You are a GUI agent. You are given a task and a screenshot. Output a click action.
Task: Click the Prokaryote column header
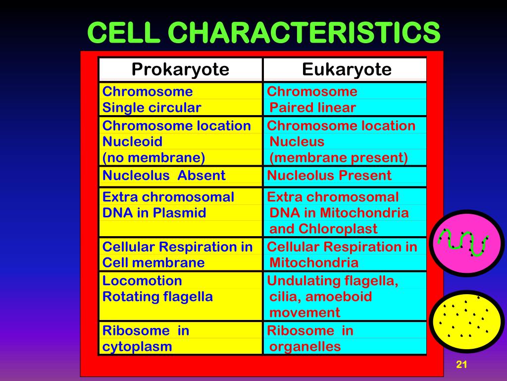point(180,69)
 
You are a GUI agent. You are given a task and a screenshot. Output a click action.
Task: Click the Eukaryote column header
point(347,69)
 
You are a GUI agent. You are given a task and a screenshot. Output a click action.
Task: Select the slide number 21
point(461,365)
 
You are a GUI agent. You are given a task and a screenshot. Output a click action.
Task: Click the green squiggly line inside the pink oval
point(462,242)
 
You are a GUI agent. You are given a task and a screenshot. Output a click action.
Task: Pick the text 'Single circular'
point(152,108)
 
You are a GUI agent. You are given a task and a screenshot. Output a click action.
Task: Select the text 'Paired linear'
point(312,108)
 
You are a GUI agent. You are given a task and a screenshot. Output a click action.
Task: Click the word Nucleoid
point(132,141)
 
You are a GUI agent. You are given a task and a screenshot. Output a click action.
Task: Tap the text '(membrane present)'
point(339,158)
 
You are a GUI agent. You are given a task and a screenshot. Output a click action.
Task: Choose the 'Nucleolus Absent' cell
point(164,175)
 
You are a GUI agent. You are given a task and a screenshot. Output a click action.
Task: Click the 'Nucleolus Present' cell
point(329,175)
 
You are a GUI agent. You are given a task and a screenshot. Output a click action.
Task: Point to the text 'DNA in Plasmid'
point(154,213)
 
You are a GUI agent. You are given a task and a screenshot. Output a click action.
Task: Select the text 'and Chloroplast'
point(323,229)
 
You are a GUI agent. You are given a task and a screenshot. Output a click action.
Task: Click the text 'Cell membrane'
point(153,262)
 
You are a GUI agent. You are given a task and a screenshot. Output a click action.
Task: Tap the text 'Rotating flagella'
point(157,297)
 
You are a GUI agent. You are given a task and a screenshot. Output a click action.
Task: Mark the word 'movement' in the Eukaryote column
point(304,313)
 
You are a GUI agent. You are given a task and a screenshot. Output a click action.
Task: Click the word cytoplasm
point(137,346)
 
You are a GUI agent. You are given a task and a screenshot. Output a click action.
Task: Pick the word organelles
point(305,346)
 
